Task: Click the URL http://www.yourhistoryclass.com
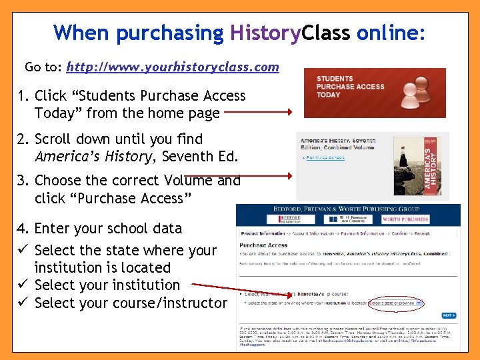click(x=173, y=67)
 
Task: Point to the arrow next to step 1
click(x=257, y=113)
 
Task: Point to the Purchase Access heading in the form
click(x=264, y=245)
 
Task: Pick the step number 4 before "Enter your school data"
click(x=22, y=228)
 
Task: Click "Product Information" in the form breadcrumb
click(x=262, y=234)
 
